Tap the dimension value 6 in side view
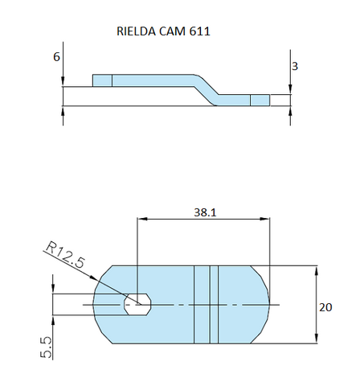click(x=57, y=58)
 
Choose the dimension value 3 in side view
click(x=295, y=67)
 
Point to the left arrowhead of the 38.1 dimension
click(x=142, y=218)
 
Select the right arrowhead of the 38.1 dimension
click(x=266, y=218)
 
